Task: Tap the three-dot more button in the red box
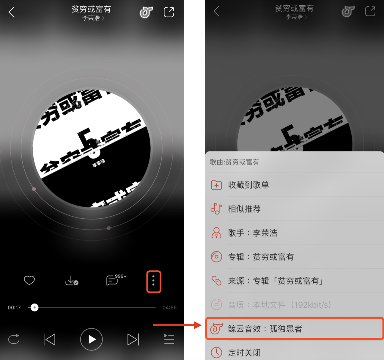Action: pos(153,281)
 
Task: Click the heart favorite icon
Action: pos(29,280)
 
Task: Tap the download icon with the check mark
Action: pos(71,281)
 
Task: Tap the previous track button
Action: pos(49,339)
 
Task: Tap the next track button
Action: pos(133,339)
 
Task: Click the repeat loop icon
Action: pos(14,339)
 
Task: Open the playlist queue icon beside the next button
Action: pos(169,339)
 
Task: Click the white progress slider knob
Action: pos(34,307)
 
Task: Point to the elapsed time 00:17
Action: pos(14,307)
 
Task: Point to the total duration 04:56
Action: pos(169,307)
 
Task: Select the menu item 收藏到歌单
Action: pos(248,185)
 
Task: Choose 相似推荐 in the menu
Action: pos(244,209)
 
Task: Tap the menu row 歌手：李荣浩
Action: pos(253,233)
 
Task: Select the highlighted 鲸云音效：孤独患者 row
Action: pos(294,328)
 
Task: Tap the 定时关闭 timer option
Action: pos(244,353)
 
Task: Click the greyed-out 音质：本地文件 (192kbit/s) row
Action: pos(279,305)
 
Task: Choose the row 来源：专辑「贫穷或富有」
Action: pos(276,281)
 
